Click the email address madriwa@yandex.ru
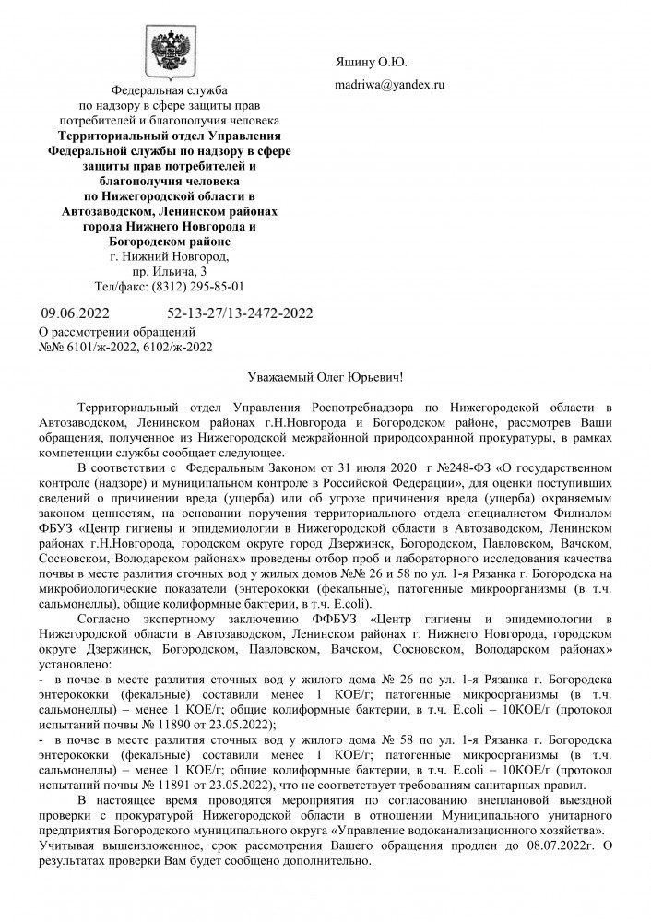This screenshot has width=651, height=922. (x=388, y=85)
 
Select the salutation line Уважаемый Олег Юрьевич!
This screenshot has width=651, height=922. (x=326, y=379)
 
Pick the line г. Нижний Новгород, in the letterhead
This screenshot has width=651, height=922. (x=169, y=255)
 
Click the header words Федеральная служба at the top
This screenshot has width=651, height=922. (x=169, y=91)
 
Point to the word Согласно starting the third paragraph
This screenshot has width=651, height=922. (x=108, y=619)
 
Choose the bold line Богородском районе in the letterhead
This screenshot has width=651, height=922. (x=169, y=241)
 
